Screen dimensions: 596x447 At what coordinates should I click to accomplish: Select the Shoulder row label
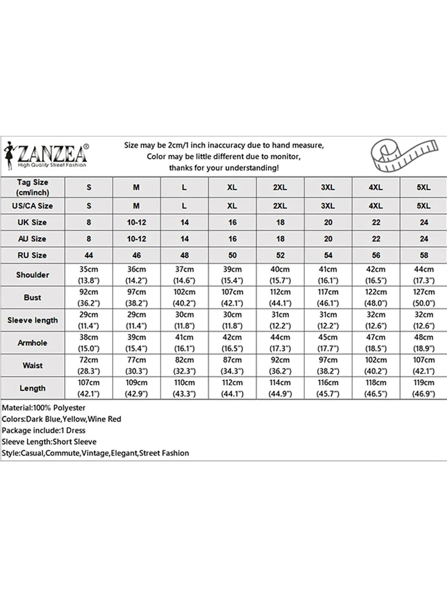[33, 275]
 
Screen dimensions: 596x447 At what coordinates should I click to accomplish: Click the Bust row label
[33, 297]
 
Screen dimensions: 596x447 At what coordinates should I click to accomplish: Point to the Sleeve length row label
[33, 320]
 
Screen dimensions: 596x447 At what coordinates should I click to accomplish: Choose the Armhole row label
[33, 343]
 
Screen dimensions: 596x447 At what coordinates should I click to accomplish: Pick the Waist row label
[33, 365]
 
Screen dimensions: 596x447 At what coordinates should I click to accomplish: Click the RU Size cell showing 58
[423, 255]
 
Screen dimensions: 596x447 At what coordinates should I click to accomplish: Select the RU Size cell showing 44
[89, 255]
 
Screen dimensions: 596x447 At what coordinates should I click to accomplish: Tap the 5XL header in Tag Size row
[423, 187]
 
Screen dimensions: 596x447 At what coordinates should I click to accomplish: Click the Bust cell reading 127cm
[423, 297]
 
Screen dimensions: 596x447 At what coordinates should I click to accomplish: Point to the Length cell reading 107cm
[89, 388]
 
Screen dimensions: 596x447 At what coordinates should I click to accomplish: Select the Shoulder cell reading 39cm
[232, 275]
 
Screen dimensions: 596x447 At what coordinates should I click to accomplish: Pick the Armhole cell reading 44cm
[280, 343]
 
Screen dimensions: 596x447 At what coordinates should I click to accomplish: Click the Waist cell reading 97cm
[328, 365]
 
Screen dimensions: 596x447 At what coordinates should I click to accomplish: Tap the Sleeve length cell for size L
[184, 320]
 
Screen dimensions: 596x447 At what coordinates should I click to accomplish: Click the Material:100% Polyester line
[44, 408]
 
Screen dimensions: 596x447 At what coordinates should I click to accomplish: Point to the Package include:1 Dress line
[44, 430]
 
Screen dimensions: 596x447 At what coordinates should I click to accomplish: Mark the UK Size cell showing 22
[375, 222]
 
